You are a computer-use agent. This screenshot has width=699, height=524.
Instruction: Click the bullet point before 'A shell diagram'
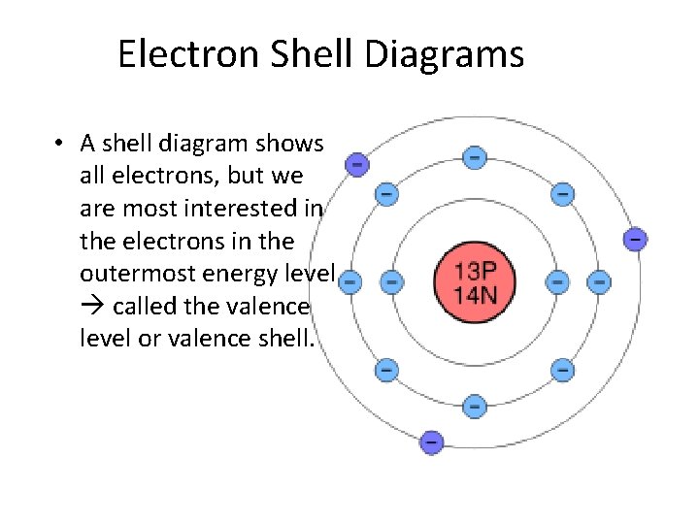point(60,144)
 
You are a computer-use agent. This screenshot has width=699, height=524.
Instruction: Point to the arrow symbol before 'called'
point(92,307)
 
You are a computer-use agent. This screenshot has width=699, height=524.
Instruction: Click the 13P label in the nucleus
point(475,269)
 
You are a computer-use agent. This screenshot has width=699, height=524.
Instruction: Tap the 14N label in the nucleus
point(475,294)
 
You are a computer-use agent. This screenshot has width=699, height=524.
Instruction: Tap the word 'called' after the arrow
point(146,307)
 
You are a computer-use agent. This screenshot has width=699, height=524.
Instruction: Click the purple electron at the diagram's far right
point(635,238)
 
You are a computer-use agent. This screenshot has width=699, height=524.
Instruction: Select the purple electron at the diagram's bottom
point(432,442)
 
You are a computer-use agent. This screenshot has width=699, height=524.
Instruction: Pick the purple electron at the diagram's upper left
point(357,164)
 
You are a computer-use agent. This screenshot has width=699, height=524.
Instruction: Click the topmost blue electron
point(474,156)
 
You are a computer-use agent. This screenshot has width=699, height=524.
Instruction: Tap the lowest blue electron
point(475,406)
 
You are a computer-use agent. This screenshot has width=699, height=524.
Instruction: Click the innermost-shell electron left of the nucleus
point(391,281)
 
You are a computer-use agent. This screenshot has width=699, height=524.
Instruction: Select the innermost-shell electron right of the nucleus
point(557,281)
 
